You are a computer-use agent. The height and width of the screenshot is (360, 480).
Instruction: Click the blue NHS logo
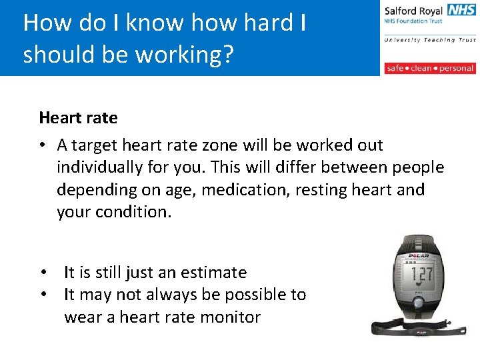(x=462, y=10)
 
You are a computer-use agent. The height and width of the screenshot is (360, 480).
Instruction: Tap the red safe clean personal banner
(x=430, y=68)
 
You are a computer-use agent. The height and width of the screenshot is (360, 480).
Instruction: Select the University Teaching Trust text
(x=430, y=40)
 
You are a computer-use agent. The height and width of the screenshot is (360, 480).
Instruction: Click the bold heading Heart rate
(x=78, y=118)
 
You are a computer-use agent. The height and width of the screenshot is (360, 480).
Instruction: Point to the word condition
(x=137, y=212)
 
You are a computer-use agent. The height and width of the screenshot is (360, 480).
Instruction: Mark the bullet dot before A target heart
(x=43, y=145)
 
